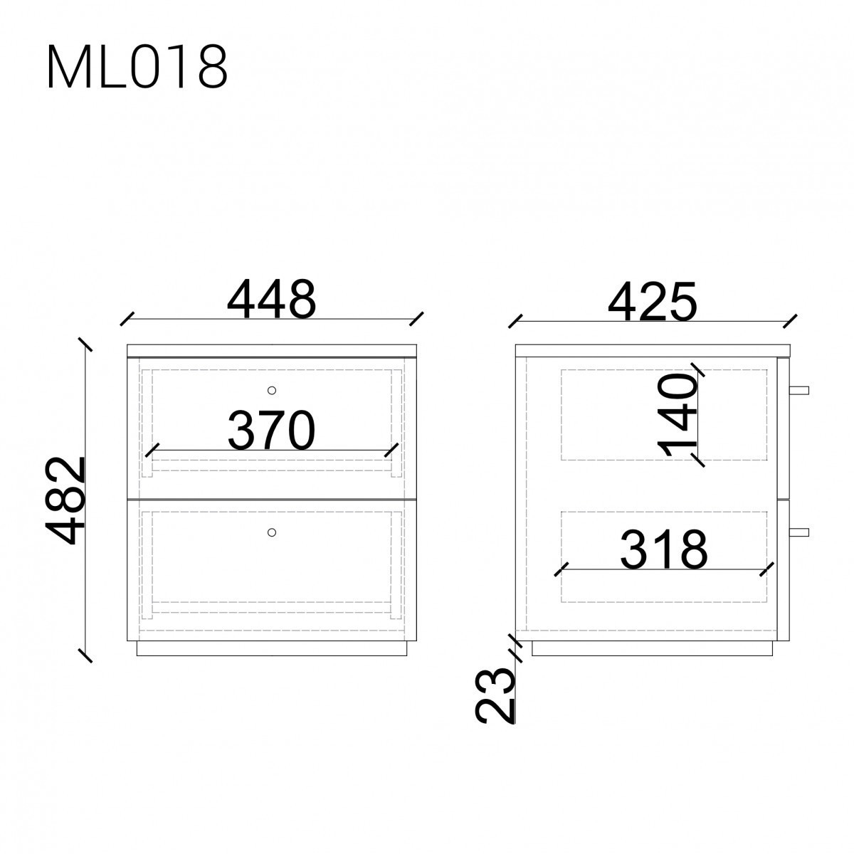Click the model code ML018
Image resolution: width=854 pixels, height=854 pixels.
point(137,67)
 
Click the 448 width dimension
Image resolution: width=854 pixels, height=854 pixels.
point(271,299)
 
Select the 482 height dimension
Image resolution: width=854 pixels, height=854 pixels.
point(65,500)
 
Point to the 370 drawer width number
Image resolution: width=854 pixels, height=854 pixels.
point(271,430)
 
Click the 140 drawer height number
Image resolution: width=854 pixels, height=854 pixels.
point(677,415)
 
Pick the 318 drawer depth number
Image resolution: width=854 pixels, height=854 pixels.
point(663,549)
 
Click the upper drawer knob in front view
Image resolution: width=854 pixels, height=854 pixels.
point(272,391)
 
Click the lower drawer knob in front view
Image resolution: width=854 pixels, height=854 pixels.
point(272,532)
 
